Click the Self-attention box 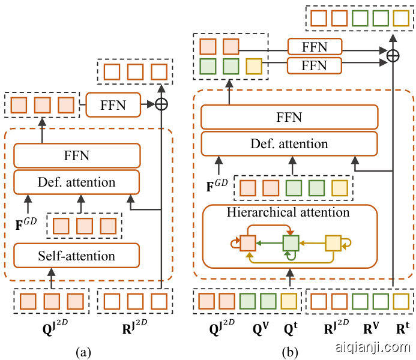click(77, 256)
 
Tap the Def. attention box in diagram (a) click(77, 182)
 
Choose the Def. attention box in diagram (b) click(289, 144)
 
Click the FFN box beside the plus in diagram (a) click(113, 104)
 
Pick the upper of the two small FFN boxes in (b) click(315, 47)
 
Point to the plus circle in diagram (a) click(161, 104)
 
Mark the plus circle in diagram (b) click(393, 55)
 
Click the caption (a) click(83, 352)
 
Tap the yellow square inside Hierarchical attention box click(334, 243)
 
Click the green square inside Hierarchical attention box click(291, 243)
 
